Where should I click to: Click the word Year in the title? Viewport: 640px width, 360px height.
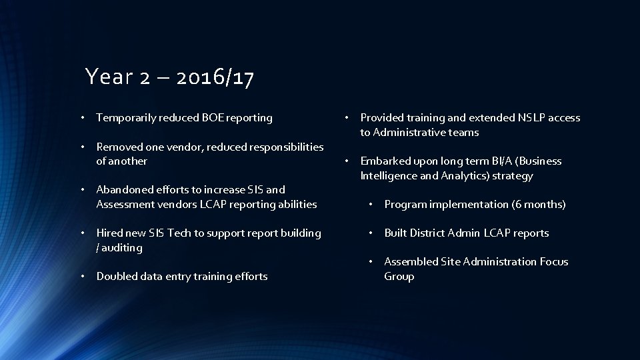tap(107, 78)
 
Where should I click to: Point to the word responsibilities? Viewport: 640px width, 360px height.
tap(280, 147)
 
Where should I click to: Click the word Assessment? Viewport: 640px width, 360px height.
tap(125, 205)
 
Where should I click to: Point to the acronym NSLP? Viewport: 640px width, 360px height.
tap(531, 118)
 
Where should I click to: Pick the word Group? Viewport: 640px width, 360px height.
tap(399, 277)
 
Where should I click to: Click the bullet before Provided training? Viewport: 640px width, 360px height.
tap(346, 117)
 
